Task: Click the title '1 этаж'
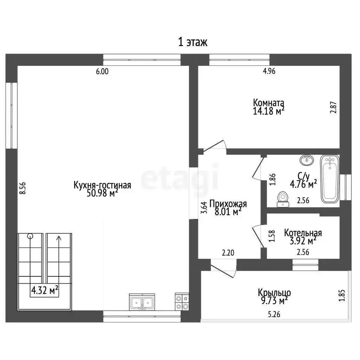click(193, 42)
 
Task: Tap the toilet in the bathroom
click(282, 199)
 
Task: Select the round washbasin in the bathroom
click(307, 160)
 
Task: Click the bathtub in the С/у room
click(330, 179)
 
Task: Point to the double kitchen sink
click(142, 302)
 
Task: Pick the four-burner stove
click(182, 302)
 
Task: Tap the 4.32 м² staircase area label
click(45, 290)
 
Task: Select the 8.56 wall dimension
click(22, 188)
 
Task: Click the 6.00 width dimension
click(102, 72)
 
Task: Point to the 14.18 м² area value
click(269, 111)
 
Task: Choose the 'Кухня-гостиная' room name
click(102, 185)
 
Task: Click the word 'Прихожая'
click(228, 204)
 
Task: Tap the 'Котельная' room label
click(303, 233)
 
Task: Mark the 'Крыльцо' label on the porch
click(274, 293)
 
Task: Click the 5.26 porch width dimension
click(274, 314)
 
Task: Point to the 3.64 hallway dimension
click(204, 207)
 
